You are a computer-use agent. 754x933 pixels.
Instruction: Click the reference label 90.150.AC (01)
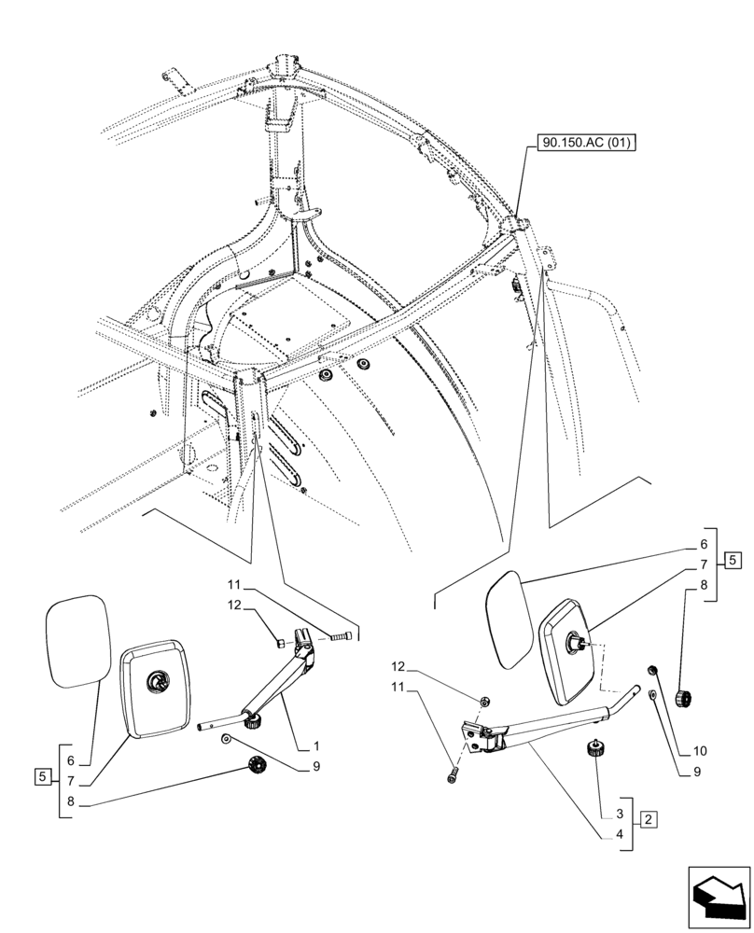(x=583, y=145)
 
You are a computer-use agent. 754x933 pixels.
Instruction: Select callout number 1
(x=316, y=746)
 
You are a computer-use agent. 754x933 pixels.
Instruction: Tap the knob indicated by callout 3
(x=594, y=750)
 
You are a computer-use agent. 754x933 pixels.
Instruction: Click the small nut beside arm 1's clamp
(x=279, y=642)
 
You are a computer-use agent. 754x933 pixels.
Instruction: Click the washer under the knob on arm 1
(x=227, y=740)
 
